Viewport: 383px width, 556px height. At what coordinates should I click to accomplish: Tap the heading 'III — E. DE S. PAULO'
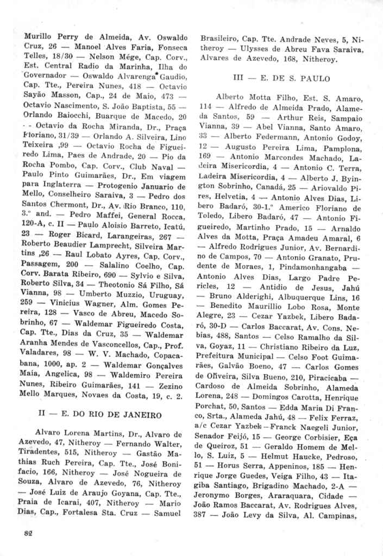click(281, 78)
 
